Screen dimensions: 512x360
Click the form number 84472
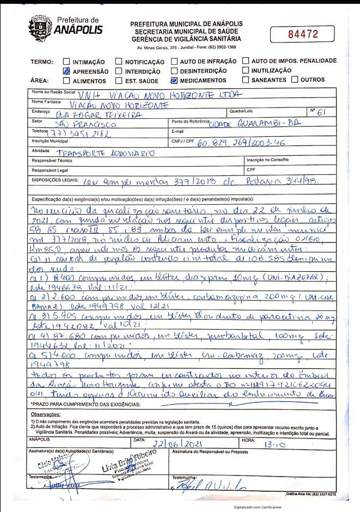tap(302, 34)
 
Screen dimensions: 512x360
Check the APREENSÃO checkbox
tap(66, 71)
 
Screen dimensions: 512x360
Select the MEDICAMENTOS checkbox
tap(174, 80)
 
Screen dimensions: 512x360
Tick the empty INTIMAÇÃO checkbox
tap(66, 62)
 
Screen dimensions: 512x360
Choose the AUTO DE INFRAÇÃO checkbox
tap(174, 62)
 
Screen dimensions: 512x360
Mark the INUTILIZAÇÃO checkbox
tap(246, 71)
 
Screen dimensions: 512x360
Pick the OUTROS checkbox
tap(295, 80)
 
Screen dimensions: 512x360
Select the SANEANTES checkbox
tap(246, 80)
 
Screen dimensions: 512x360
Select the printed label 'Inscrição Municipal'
tap(50, 142)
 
